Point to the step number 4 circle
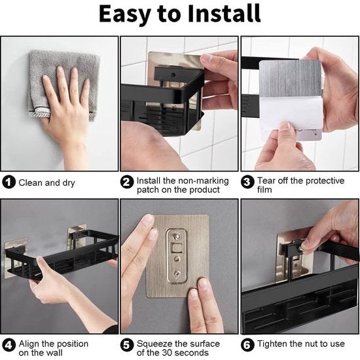(9, 344)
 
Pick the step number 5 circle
(128, 344)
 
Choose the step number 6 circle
(248, 344)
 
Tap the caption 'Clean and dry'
(46, 183)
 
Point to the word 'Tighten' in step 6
(274, 344)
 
